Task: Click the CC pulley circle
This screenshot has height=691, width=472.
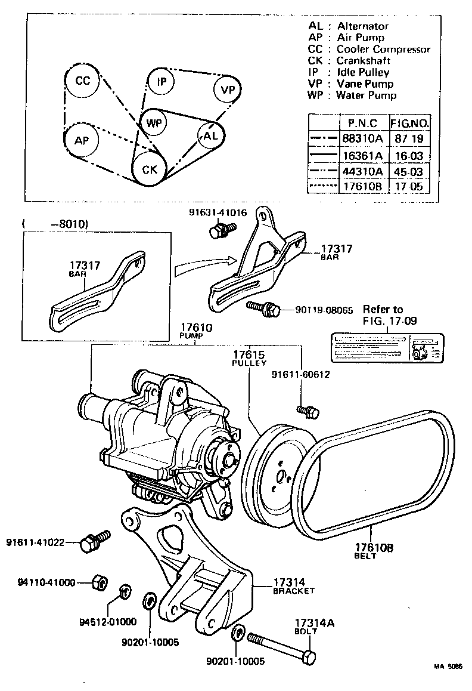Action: (83, 81)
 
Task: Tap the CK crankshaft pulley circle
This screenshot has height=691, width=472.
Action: (149, 169)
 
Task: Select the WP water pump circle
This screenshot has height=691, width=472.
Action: (154, 124)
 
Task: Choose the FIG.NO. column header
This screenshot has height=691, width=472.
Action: (410, 124)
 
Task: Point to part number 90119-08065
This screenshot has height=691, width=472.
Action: (324, 310)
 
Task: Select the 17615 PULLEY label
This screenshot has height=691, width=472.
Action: (249, 357)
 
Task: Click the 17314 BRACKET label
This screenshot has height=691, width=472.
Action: (293, 585)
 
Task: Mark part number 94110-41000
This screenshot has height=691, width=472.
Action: (45, 582)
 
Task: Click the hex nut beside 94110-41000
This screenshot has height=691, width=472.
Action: (100, 582)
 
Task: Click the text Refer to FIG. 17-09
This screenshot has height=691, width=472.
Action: (391, 314)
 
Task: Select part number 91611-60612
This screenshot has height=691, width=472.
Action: (300, 375)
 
